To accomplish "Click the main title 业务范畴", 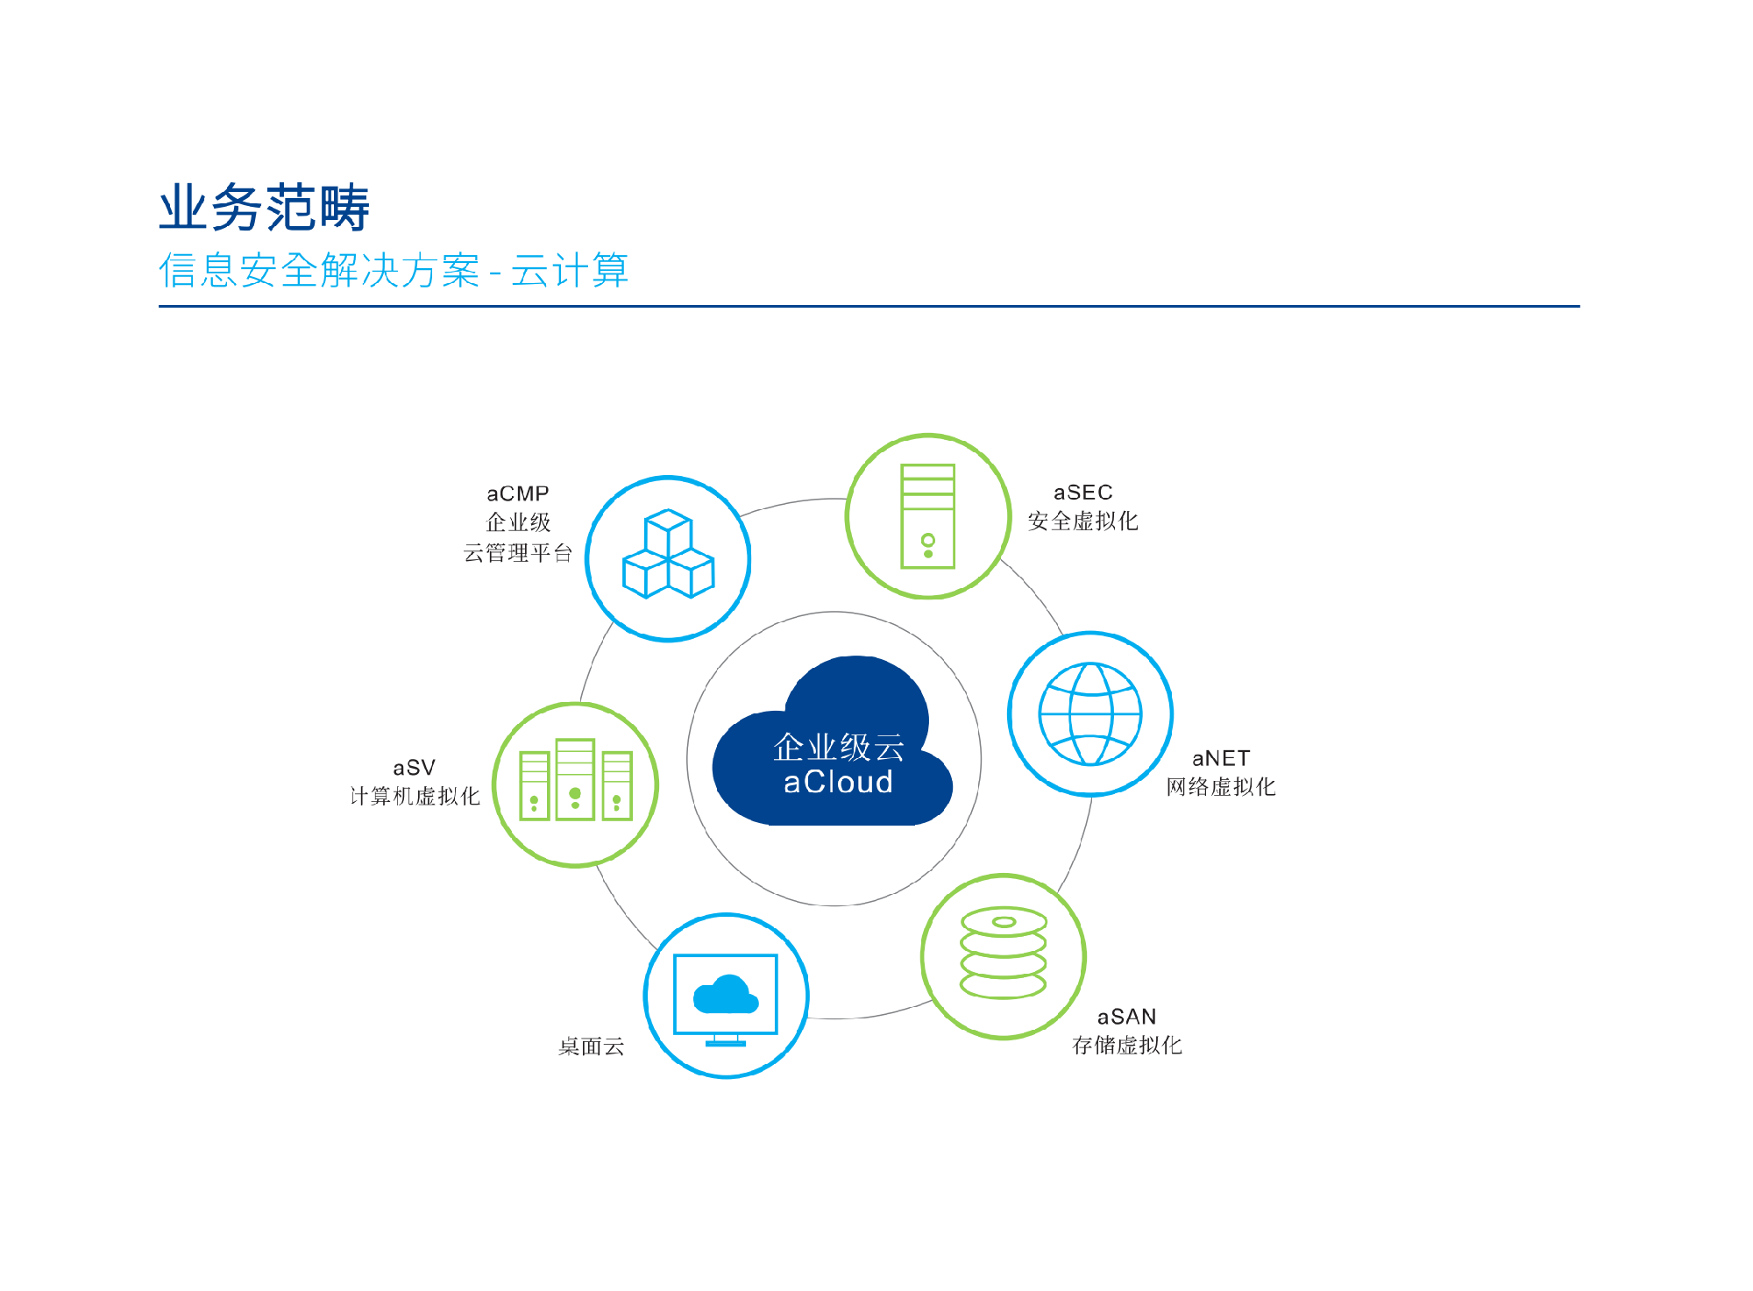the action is [x=264, y=208].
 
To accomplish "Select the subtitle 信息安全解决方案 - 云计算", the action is [x=394, y=270].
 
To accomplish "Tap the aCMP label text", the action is [x=518, y=493].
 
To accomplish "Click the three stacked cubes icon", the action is [x=668, y=554].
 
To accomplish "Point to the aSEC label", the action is [x=1083, y=493].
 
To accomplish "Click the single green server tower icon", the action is [x=928, y=516].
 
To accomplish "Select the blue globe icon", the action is [x=1090, y=714].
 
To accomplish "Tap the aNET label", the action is [x=1221, y=758].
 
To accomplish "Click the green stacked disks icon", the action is [x=1004, y=953].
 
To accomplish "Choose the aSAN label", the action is [x=1127, y=1017].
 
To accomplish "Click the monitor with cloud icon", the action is [x=726, y=1000].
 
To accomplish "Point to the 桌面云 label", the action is [x=592, y=1046].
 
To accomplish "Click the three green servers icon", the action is [x=575, y=779].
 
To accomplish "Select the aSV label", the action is [x=415, y=768].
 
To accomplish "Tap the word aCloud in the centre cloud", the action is [x=838, y=782].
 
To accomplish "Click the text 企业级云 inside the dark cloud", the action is [x=839, y=747].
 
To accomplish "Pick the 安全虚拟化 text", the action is [x=1083, y=521].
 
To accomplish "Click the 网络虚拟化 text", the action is [x=1221, y=787].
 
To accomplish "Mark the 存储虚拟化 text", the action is [x=1127, y=1046].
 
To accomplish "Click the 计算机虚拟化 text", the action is [x=415, y=796].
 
